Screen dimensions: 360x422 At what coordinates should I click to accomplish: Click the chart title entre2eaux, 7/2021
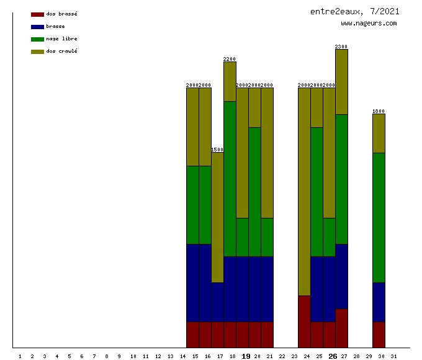354,11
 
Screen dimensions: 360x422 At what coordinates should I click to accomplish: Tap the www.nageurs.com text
369,24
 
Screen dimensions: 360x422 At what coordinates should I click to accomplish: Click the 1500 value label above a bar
217,150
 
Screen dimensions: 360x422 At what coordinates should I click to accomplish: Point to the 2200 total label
230,59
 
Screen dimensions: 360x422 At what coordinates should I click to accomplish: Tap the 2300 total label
341,47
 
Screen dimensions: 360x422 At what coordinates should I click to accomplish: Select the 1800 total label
379,111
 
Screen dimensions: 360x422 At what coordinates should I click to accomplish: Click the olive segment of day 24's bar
304,191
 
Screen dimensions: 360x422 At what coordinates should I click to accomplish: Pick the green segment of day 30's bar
379,217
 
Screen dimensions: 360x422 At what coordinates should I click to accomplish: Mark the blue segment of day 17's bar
217,302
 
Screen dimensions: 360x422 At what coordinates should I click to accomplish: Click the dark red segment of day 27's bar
341,328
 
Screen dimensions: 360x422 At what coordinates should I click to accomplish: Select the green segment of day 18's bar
230,179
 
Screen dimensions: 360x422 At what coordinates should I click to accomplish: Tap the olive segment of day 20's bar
254,107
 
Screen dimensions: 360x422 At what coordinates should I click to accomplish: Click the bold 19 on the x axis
246,356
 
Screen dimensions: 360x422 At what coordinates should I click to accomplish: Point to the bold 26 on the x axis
333,356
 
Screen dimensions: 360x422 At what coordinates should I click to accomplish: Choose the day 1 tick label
20,356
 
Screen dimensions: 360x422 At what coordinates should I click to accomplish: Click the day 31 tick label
393,356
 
